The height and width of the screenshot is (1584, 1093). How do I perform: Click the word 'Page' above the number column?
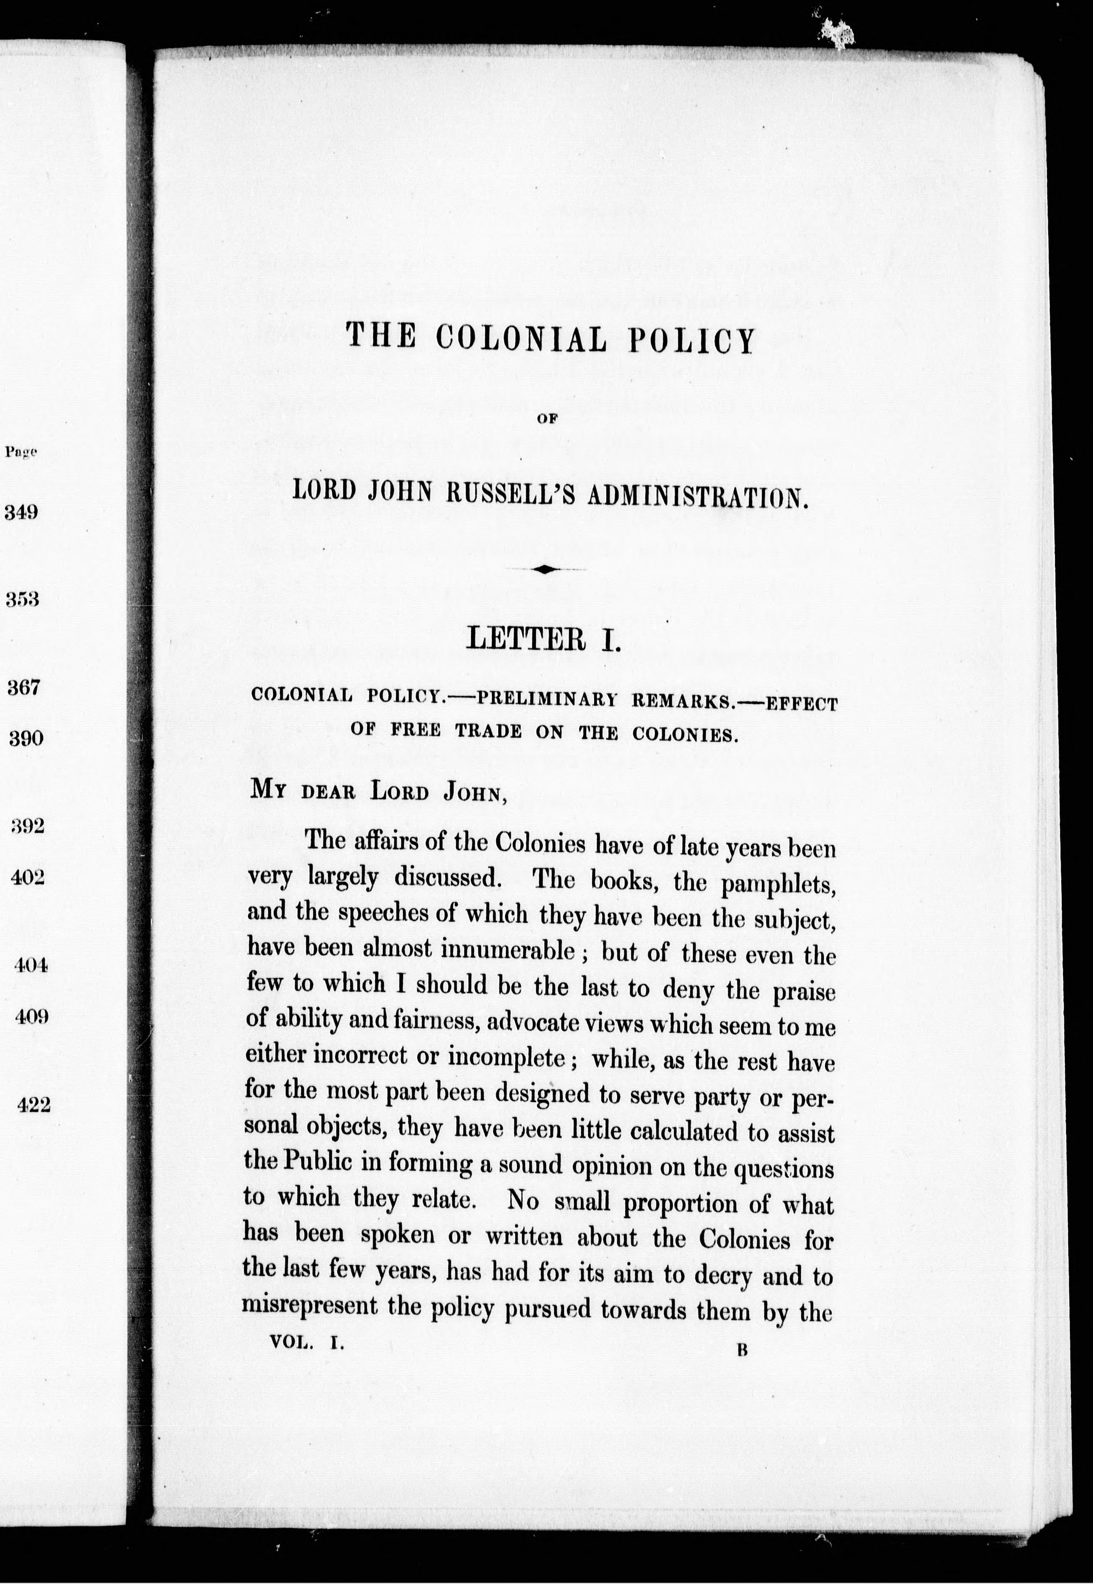click(x=20, y=452)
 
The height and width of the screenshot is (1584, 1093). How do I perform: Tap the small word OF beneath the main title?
click(x=544, y=422)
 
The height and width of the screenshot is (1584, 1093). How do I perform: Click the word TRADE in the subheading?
click(x=488, y=732)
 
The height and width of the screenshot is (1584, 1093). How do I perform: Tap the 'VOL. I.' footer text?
click(x=306, y=1343)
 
